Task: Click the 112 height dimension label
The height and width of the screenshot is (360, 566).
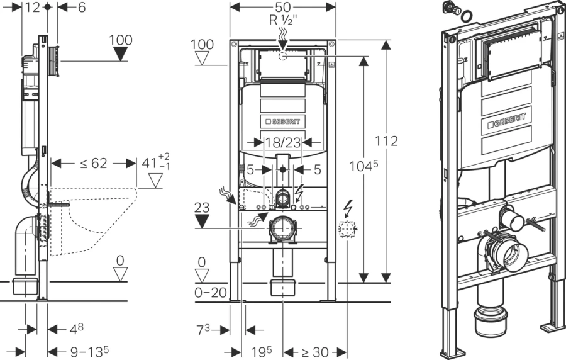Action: point(386,141)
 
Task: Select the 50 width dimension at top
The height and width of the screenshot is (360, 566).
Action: point(282,6)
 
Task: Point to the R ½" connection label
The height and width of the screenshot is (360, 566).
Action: point(283,20)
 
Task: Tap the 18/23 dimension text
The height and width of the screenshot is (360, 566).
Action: point(283,143)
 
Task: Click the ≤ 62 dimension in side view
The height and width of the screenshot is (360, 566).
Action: point(94,164)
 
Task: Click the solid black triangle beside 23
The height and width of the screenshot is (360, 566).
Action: point(202,220)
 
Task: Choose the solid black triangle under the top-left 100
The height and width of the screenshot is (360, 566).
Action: point(120,54)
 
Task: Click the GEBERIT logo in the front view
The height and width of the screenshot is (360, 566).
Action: point(282,121)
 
